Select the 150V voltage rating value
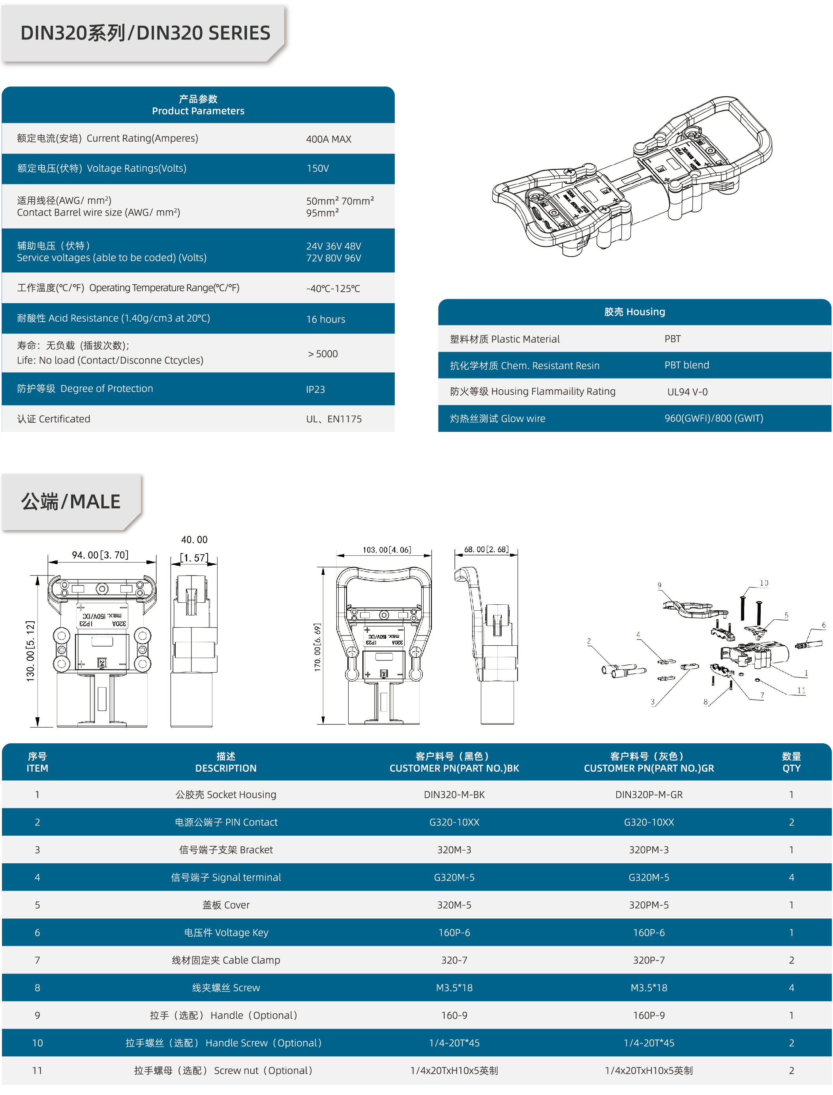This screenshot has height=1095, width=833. [318, 169]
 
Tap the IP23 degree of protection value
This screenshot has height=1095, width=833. [315, 390]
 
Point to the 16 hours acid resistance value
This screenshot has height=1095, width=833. [325, 319]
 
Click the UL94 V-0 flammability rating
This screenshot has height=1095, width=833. [687, 392]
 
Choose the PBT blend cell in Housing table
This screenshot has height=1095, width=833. [687, 366]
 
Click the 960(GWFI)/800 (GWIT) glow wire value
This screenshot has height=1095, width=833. [713, 418]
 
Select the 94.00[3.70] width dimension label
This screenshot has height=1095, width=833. [100, 555]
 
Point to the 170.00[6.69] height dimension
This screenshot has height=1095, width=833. [317, 647]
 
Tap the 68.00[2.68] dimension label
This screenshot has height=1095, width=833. [486, 549]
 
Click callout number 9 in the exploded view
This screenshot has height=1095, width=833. [659, 585]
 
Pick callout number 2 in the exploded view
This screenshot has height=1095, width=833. [589, 641]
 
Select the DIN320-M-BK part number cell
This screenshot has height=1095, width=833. [454, 795]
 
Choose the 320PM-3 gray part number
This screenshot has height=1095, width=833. [649, 849]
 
